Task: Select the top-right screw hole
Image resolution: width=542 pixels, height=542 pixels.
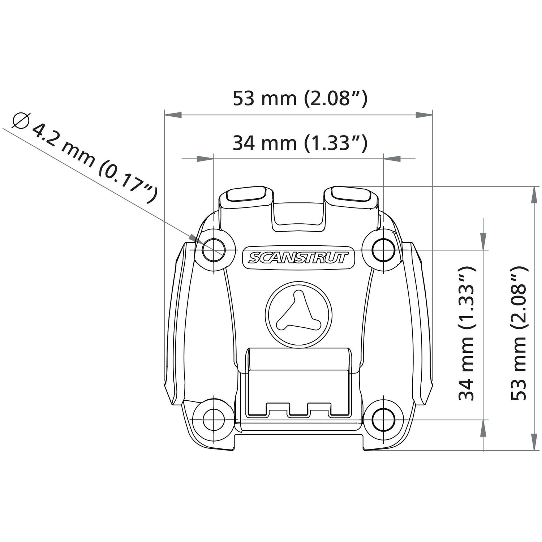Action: [383, 250]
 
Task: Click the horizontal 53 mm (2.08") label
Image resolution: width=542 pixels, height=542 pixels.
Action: [300, 98]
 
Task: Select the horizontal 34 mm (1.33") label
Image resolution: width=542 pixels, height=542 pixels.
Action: [300, 143]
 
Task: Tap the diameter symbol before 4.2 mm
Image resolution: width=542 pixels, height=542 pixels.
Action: [21, 120]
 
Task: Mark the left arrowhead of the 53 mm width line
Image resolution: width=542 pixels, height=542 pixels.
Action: [173, 115]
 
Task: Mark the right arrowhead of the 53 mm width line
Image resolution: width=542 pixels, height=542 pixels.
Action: [424, 115]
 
